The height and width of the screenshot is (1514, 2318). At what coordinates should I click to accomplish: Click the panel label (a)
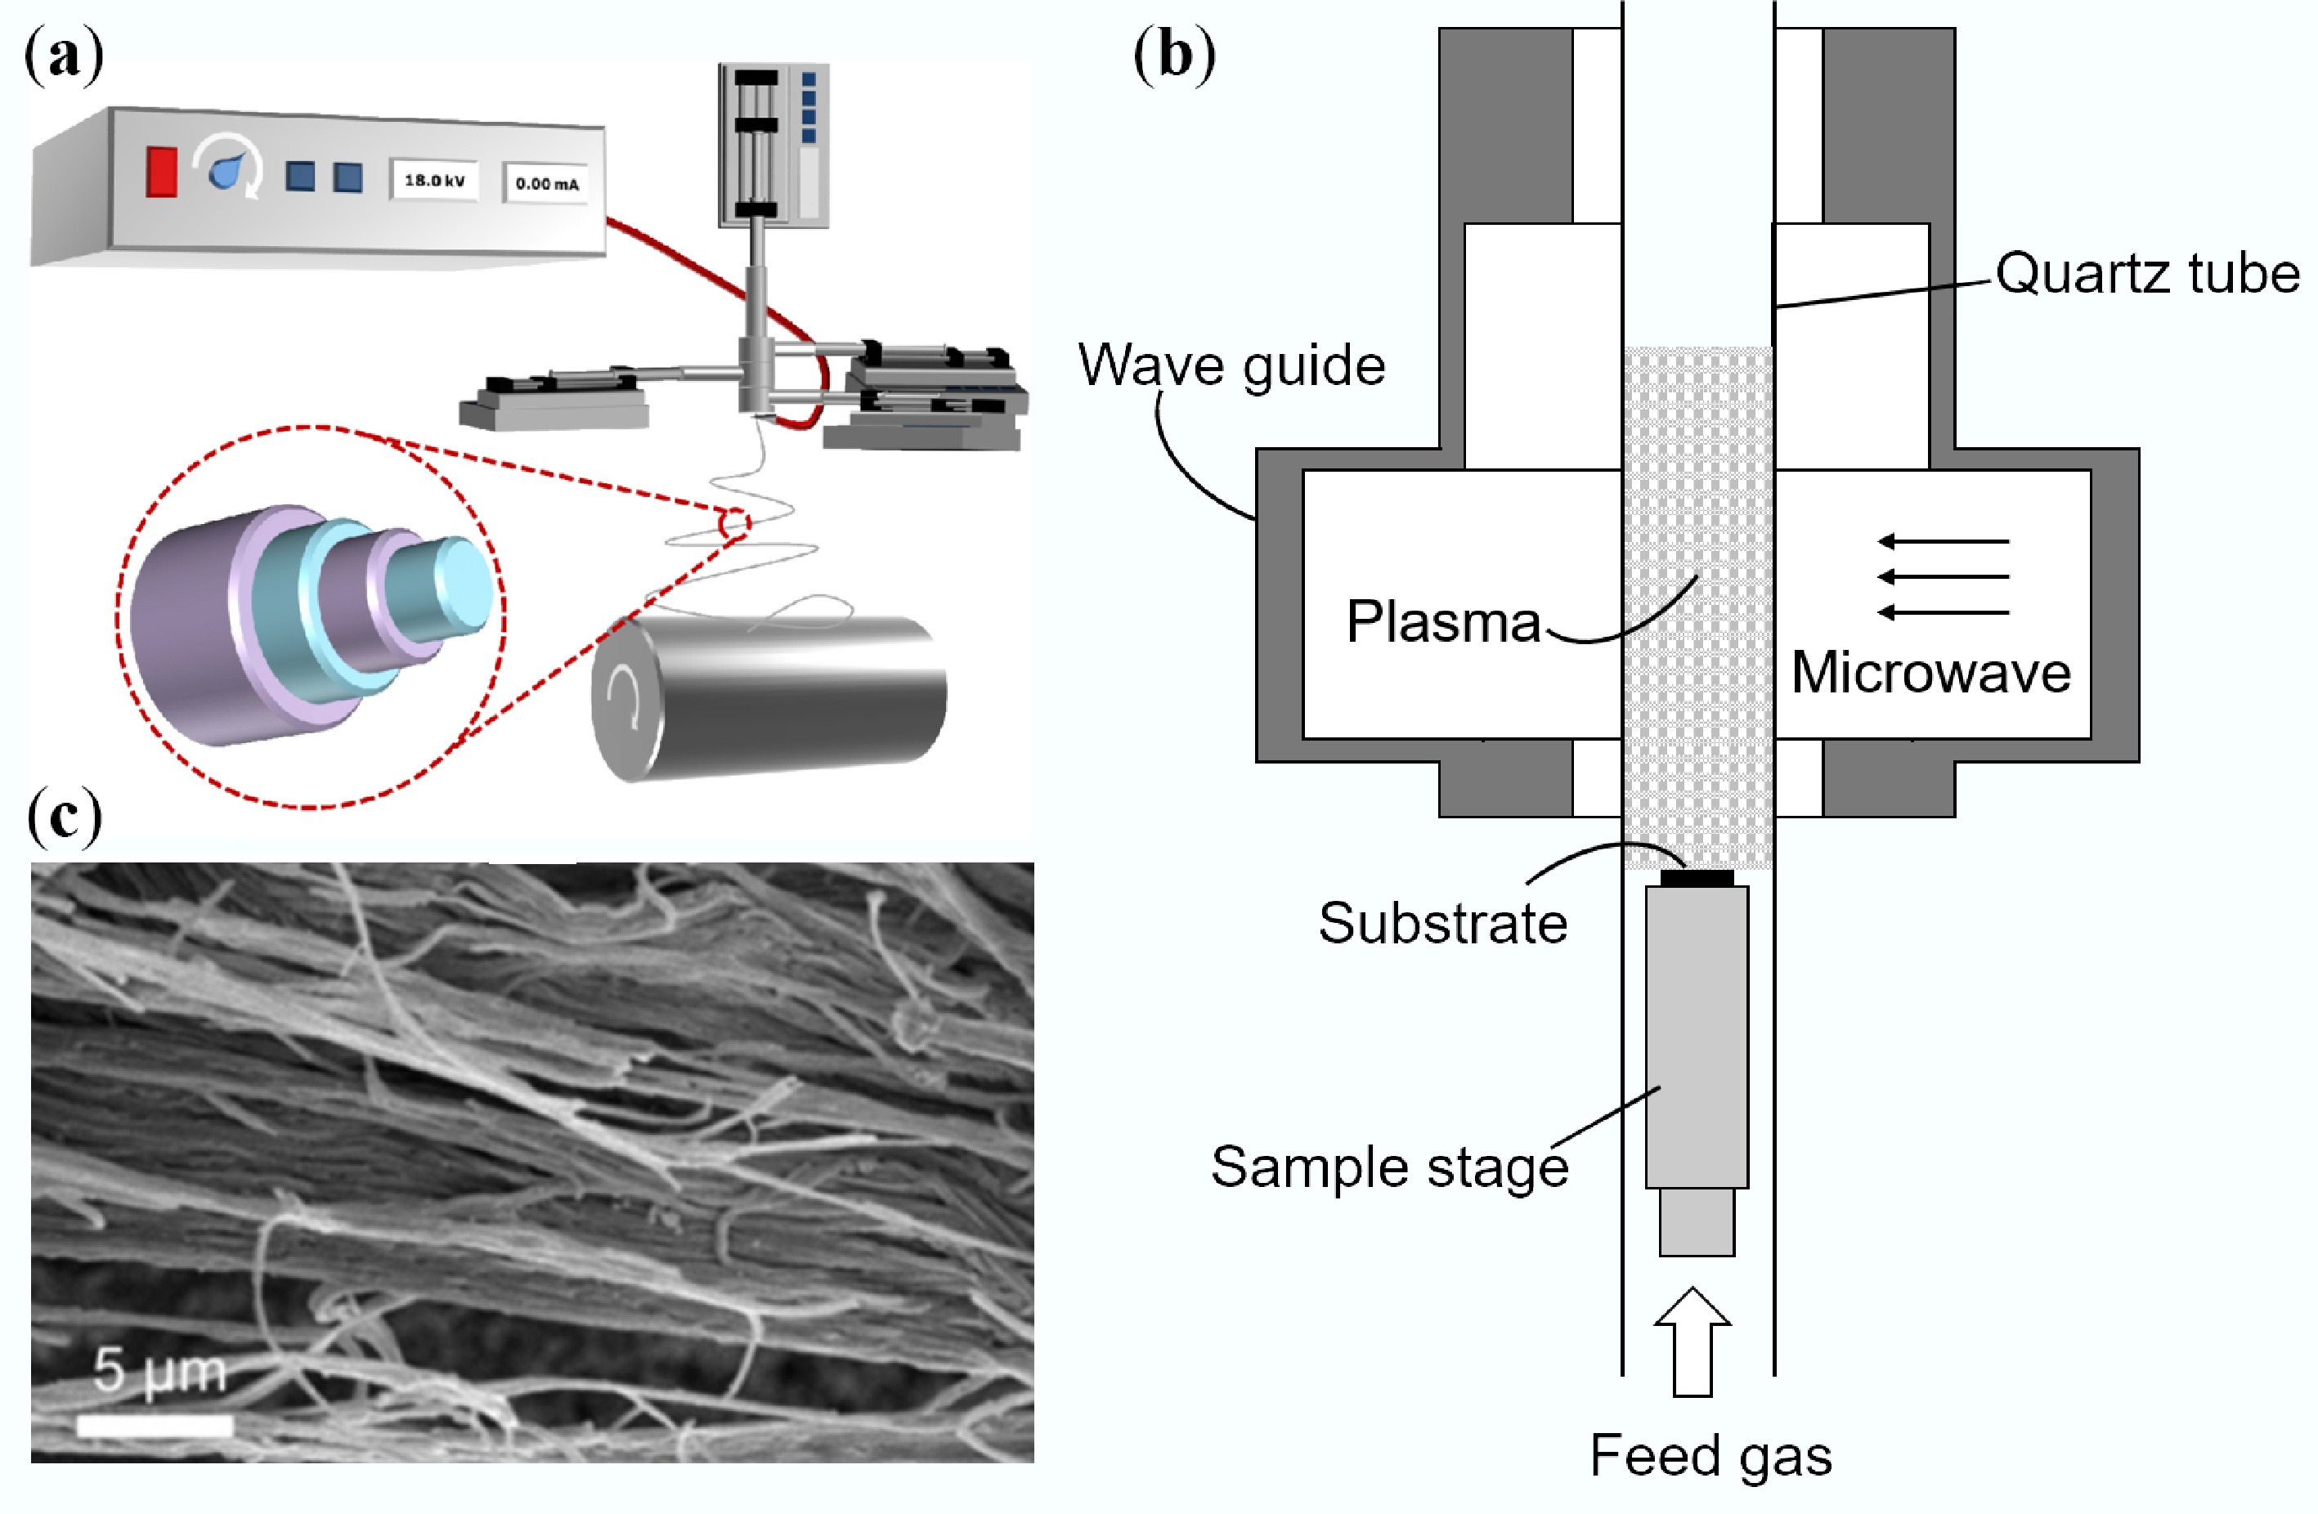coord(65,56)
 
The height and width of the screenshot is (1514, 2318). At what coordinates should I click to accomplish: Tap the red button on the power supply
coord(162,172)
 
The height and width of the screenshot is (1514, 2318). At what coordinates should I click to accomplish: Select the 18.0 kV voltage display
coord(434,180)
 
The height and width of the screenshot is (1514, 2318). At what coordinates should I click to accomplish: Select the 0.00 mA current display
coord(546,183)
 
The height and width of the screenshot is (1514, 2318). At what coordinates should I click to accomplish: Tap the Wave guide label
coord(1231,365)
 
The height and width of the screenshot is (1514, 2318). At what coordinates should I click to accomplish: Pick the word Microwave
coord(1930,672)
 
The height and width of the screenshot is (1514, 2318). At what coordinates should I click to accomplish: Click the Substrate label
coord(1442,922)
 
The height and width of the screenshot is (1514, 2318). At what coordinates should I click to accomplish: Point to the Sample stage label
coord(1389,1167)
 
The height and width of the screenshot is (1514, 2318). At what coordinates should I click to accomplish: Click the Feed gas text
coord(1710,1456)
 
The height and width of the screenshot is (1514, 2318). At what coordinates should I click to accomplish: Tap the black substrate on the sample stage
coord(1697,878)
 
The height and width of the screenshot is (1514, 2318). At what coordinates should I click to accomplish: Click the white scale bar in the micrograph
coord(155,1426)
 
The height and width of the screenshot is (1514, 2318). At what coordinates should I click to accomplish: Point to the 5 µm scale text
coord(159,1371)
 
